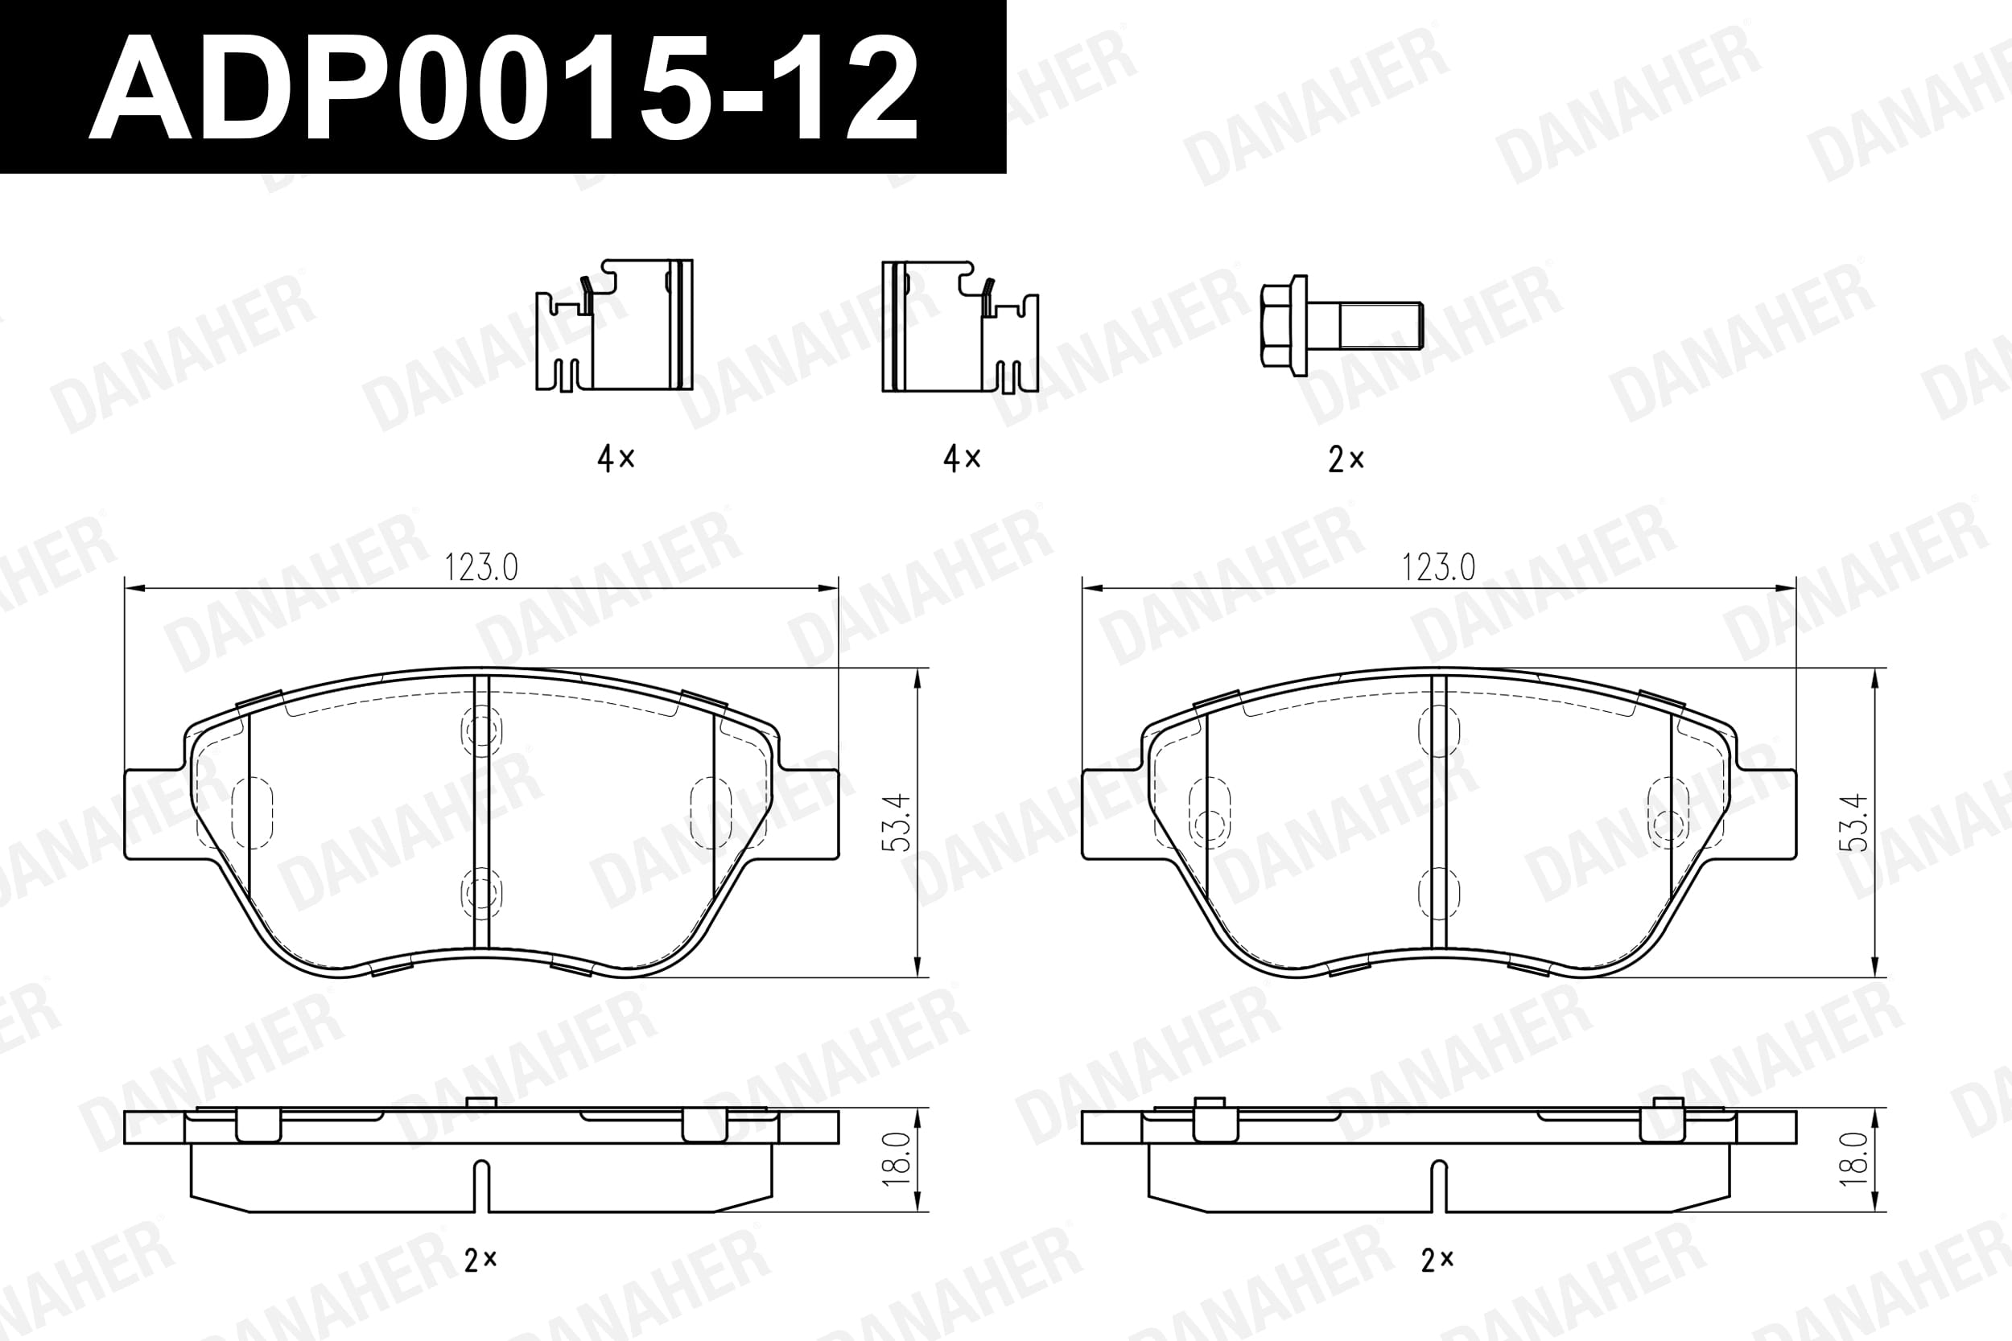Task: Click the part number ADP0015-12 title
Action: pos(503,88)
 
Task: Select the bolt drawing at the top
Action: pos(1341,326)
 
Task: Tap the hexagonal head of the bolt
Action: pos(1284,326)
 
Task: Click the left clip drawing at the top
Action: pos(614,326)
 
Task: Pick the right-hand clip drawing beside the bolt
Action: pos(960,326)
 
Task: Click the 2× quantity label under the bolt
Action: pos(1346,460)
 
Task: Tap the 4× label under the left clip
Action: pos(616,459)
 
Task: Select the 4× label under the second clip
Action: pos(962,459)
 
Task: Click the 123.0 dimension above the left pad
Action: pos(480,567)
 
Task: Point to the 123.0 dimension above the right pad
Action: pos(1438,567)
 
